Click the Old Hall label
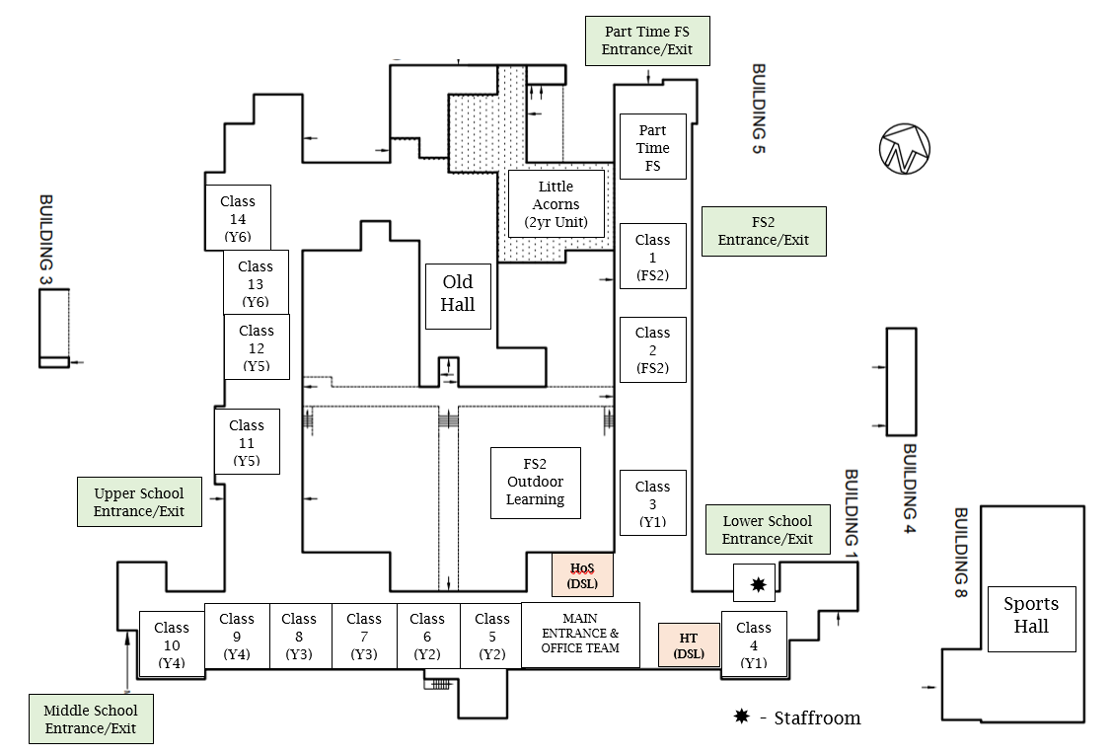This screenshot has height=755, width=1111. [458, 296]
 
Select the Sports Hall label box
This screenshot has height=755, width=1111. [1031, 616]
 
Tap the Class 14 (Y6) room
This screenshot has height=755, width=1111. [238, 217]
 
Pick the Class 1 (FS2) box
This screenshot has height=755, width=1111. [652, 258]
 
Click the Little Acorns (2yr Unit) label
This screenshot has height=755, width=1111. [555, 203]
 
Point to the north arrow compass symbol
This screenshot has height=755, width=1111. [905, 150]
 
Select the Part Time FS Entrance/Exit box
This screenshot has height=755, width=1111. [647, 40]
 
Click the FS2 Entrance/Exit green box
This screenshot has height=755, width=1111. [764, 231]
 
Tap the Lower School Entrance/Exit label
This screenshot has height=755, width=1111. [768, 529]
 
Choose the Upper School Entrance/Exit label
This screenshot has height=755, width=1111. [139, 501]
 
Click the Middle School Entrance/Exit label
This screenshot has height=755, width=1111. [91, 718]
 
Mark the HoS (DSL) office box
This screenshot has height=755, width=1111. [582, 574]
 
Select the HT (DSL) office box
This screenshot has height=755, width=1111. [689, 645]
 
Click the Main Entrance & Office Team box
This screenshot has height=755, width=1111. [580, 635]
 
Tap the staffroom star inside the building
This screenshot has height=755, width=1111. [758, 584]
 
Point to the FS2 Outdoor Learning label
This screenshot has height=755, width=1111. [536, 482]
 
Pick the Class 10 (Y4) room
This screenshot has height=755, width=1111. [172, 643]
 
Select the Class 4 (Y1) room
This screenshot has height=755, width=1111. [754, 643]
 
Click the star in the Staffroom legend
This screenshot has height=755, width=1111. [742, 717]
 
